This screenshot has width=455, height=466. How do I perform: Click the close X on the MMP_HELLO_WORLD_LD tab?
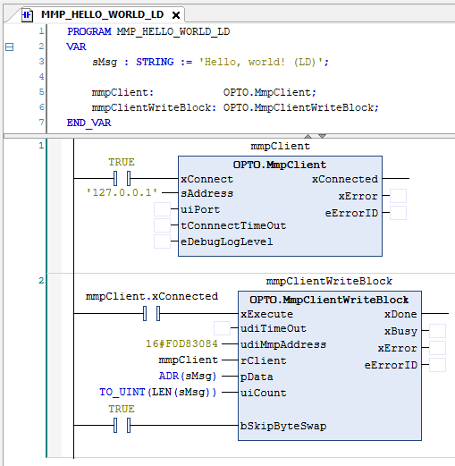pos(176,15)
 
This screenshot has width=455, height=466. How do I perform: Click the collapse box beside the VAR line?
pos(10,47)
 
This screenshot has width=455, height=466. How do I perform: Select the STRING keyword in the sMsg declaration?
pos(155,62)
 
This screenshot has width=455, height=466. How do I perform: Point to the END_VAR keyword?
pos(88,123)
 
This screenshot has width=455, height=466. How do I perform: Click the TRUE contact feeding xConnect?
pos(122,178)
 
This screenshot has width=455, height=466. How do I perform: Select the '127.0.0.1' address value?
pos(122,192)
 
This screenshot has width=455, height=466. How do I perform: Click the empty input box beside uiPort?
pos(162,209)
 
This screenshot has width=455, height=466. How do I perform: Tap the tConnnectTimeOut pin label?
pos(233,225)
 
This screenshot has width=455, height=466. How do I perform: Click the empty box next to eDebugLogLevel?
pos(162,241)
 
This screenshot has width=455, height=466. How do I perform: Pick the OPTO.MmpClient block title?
pos(280,165)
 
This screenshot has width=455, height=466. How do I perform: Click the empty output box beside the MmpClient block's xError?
pos(398,196)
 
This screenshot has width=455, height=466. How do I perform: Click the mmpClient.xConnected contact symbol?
pos(151,313)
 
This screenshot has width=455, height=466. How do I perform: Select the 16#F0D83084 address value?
pos(181,343)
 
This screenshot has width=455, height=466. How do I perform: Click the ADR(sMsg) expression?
pos(188,376)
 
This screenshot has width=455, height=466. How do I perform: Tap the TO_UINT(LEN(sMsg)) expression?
pos(158,392)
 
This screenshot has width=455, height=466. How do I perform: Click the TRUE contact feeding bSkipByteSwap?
pos(122,425)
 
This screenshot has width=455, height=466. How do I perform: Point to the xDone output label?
pos(400,314)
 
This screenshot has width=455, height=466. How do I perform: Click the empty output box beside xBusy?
pos(437,331)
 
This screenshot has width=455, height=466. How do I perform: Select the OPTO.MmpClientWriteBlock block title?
pos(329,300)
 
